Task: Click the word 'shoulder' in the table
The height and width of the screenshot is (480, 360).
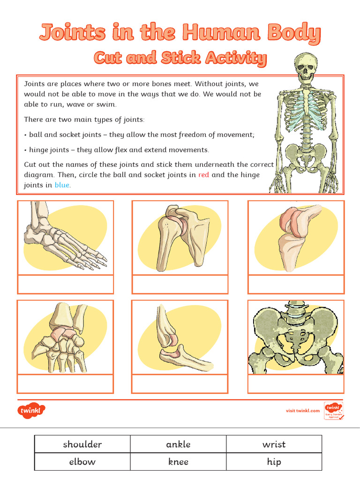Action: coord(82,444)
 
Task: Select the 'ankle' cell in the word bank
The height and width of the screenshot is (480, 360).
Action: coord(178,444)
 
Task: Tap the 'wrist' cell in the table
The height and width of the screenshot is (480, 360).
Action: coord(274,444)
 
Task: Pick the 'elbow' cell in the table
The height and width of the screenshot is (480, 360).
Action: coord(82,462)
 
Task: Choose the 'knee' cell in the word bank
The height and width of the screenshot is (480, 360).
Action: coord(178,462)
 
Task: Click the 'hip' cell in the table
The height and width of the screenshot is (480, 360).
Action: coord(274,462)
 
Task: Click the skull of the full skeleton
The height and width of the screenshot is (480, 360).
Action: coord(305,67)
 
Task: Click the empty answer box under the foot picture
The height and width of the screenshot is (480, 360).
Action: coord(65,285)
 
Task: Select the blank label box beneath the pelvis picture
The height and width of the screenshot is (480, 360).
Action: coord(296,384)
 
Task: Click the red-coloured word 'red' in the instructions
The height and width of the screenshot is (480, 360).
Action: coord(203,175)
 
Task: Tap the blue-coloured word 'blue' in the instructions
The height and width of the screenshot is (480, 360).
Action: coord(62,185)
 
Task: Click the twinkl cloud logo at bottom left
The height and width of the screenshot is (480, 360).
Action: coord(32,411)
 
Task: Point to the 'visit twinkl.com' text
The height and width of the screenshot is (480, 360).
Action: coord(303,411)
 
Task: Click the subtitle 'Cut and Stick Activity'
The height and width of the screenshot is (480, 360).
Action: coord(180,58)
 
